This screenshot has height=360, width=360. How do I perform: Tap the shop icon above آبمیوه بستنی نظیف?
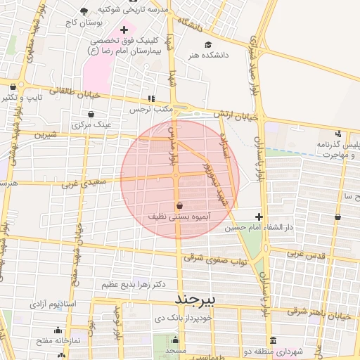coord(181,206)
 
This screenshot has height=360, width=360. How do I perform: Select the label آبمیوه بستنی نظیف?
coord(181,217)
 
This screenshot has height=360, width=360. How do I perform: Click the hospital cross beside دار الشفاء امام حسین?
coord(259,217)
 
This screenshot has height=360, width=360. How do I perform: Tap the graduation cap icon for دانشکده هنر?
coord(207,44)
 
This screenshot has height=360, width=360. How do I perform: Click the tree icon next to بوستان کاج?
coord(84,11)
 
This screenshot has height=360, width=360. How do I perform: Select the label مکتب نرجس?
coord(150,110)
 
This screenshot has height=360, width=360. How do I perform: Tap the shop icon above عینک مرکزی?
coord(91,115)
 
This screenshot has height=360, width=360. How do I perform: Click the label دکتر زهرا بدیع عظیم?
coord(133,285)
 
